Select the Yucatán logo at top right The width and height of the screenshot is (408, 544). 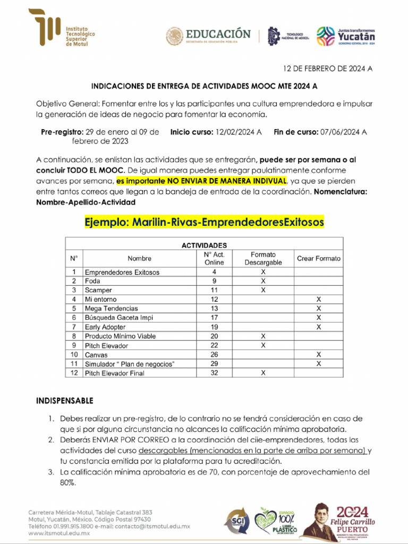[x=346, y=36]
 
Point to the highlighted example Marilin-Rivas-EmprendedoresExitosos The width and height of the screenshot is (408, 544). [x=204, y=222]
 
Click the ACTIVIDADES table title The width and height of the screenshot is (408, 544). [x=204, y=245]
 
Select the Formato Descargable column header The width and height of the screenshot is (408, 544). [x=263, y=259]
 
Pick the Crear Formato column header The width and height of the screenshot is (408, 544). [x=319, y=259]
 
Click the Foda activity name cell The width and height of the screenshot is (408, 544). [x=92, y=281]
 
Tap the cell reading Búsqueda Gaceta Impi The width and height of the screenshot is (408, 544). [x=112, y=318]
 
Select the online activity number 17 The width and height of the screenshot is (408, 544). [x=214, y=318]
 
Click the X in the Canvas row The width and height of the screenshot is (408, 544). [x=319, y=354]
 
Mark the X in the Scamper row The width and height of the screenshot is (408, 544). [x=263, y=290]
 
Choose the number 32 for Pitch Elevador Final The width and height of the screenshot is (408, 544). [x=214, y=373]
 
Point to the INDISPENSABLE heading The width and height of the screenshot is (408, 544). [x=64, y=399]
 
